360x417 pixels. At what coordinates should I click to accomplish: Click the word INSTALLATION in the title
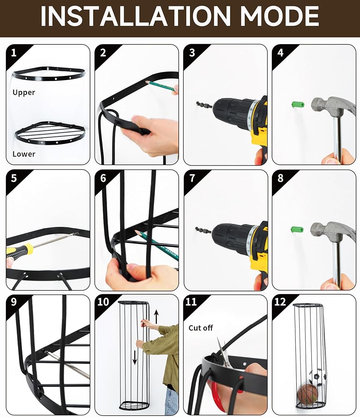135,16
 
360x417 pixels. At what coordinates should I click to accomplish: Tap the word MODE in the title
279,16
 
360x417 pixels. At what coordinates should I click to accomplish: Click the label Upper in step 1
24,93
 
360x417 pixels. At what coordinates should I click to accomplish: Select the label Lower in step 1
24,154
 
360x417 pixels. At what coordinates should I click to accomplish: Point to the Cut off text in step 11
200,328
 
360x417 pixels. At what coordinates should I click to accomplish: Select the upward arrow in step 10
157,317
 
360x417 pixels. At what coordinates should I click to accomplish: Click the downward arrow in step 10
135,358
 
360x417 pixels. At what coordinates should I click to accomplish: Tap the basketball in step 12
307,393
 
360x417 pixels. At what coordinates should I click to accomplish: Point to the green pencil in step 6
157,245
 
